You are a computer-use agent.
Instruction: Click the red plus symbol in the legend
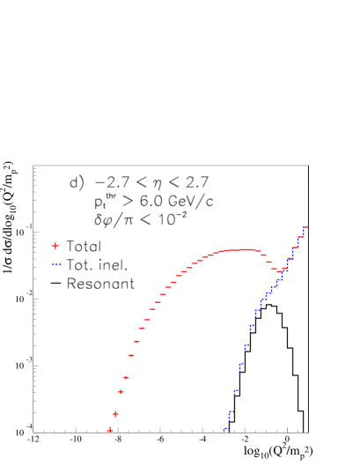(55, 246)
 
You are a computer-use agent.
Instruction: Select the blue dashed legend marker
(56, 264)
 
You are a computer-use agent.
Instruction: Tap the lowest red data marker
(110, 430)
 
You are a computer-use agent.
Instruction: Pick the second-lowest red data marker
(115, 413)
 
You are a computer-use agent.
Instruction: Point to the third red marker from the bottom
(121, 392)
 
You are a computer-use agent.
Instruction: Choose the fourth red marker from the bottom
(126, 377)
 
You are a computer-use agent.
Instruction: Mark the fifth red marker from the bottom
(131, 356)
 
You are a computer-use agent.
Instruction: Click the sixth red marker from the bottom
(136, 341)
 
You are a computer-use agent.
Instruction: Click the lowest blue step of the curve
(225, 430)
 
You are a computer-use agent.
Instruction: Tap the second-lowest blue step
(231, 412)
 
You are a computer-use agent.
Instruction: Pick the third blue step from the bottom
(236, 391)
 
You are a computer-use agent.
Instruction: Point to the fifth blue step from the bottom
(246, 346)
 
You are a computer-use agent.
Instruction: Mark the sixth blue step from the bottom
(252, 328)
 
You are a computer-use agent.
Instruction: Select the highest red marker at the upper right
(305, 228)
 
